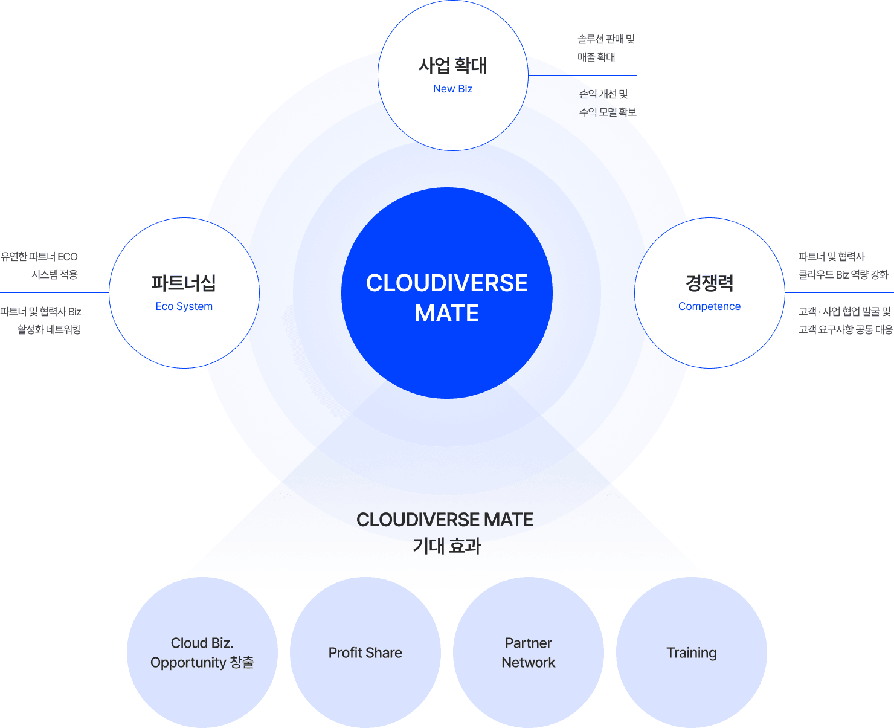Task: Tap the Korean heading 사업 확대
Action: point(452,65)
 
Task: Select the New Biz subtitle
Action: point(452,89)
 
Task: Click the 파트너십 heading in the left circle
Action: point(184,283)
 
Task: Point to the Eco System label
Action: point(184,306)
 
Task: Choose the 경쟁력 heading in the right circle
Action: point(709,283)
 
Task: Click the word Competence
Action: point(709,306)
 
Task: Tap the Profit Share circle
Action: point(365,652)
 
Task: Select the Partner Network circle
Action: point(529,652)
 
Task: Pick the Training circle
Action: point(692,652)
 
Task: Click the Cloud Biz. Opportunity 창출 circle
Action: point(202,652)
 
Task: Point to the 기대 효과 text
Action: point(446,546)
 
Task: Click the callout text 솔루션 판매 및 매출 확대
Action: point(606,48)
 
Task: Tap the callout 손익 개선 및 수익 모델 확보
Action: point(607,103)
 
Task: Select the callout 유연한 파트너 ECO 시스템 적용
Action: point(40,266)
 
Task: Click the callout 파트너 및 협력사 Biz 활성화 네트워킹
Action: point(41,320)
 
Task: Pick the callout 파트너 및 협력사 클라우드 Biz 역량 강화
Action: point(843,266)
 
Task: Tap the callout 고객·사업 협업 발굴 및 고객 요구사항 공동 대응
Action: point(844,320)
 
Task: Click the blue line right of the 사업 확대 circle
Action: point(583,76)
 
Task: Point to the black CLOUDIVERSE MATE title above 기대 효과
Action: point(445,520)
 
